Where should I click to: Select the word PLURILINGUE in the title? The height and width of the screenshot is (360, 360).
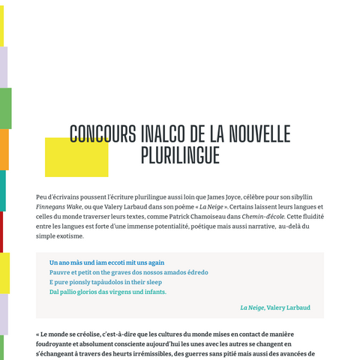pos(180,155)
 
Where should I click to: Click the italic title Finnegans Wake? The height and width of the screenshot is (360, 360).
pos(58,206)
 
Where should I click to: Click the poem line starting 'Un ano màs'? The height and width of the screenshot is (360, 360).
pos(106,262)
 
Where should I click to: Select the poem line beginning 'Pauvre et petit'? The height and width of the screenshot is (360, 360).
pos(128,272)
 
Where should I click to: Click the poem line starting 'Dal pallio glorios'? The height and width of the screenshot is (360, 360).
pos(107,292)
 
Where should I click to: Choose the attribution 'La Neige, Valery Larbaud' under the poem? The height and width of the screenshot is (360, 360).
pos(274,307)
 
